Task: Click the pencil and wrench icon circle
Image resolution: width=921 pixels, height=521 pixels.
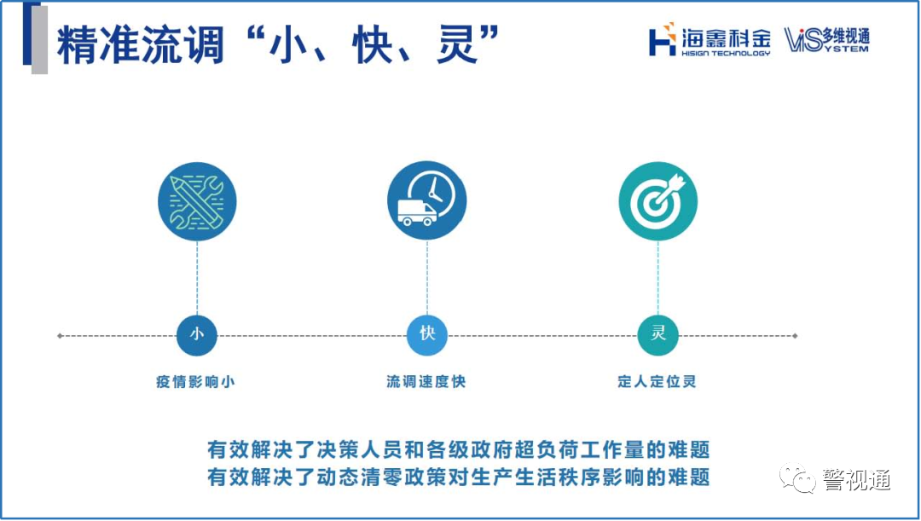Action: pos(197,201)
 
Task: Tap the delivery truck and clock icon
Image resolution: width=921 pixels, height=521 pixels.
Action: pos(426,201)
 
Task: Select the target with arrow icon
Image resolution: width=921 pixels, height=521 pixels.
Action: pos(657,201)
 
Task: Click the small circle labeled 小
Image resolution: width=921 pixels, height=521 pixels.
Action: pos(197,335)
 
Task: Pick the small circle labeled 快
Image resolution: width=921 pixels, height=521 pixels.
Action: pos(426,335)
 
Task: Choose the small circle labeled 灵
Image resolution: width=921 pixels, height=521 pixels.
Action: pos(657,335)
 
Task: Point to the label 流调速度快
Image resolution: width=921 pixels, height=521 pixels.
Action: pos(426,382)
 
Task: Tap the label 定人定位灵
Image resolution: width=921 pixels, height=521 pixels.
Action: pos(657,382)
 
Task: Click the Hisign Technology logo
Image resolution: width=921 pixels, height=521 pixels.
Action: pos(709,40)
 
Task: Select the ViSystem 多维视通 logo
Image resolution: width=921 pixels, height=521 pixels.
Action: pos(826,40)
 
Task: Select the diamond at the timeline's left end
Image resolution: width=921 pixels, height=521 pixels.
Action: pos(59,336)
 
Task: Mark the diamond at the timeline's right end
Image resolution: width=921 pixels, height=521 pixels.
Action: pos(796,336)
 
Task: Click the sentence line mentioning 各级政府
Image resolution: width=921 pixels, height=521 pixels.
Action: pos(459,449)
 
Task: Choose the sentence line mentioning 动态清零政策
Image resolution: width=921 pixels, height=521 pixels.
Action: pos(459,477)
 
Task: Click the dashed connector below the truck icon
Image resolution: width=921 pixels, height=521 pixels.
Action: pos(426,278)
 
